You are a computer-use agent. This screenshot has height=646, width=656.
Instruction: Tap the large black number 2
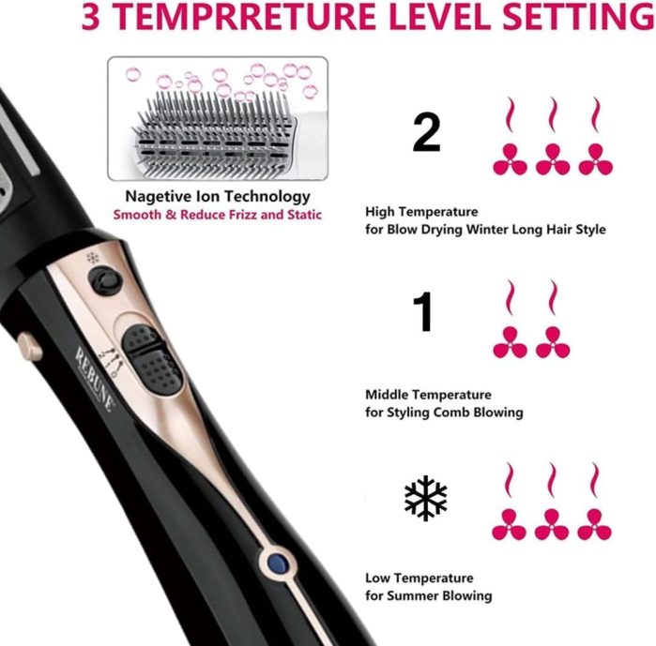426,133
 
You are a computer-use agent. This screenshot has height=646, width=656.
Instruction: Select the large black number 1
423,311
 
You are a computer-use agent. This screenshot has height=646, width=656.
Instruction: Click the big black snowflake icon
425,498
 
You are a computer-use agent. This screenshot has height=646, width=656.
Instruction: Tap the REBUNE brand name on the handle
95,379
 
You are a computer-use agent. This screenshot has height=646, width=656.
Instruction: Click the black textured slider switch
151,358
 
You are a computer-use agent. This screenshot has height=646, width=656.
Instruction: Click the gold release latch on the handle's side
30,345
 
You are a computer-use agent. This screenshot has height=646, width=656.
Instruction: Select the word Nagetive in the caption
158,196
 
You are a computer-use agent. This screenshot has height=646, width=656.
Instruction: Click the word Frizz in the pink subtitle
243,215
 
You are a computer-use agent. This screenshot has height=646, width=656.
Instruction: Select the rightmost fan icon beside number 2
596,159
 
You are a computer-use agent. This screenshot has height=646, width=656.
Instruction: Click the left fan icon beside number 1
510,342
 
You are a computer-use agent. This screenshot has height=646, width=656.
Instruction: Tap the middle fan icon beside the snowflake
552,524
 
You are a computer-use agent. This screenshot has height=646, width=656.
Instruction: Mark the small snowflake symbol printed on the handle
93,258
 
